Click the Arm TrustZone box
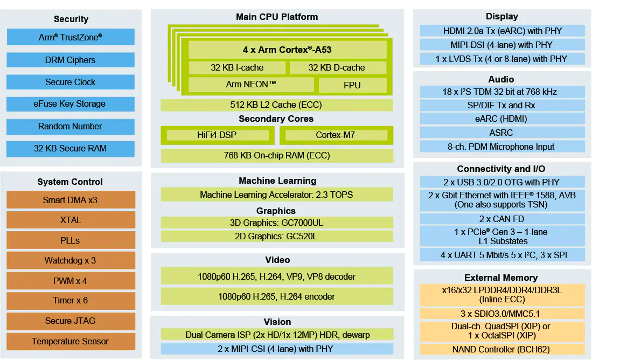click(71, 37)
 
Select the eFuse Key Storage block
click(71, 104)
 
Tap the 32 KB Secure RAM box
click(71, 148)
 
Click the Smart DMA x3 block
click(71, 200)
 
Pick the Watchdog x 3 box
click(71, 261)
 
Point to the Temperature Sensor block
click(71, 341)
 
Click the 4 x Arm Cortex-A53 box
click(287, 50)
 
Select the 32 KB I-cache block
click(237, 68)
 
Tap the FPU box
click(352, 85)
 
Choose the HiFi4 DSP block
click(218, 135)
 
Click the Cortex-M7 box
click(336, 135)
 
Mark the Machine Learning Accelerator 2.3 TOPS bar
click(276, 195)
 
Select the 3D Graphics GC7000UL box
click(276, 223)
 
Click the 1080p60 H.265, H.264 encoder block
click(276, 296)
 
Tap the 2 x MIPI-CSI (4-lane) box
click(276, 349)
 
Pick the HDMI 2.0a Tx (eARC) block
click(502, 31)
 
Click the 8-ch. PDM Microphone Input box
click(502, 147)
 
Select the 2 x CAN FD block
click(502, 219)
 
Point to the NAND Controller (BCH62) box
click(502, 349)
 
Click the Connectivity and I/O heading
click(501, 169)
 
